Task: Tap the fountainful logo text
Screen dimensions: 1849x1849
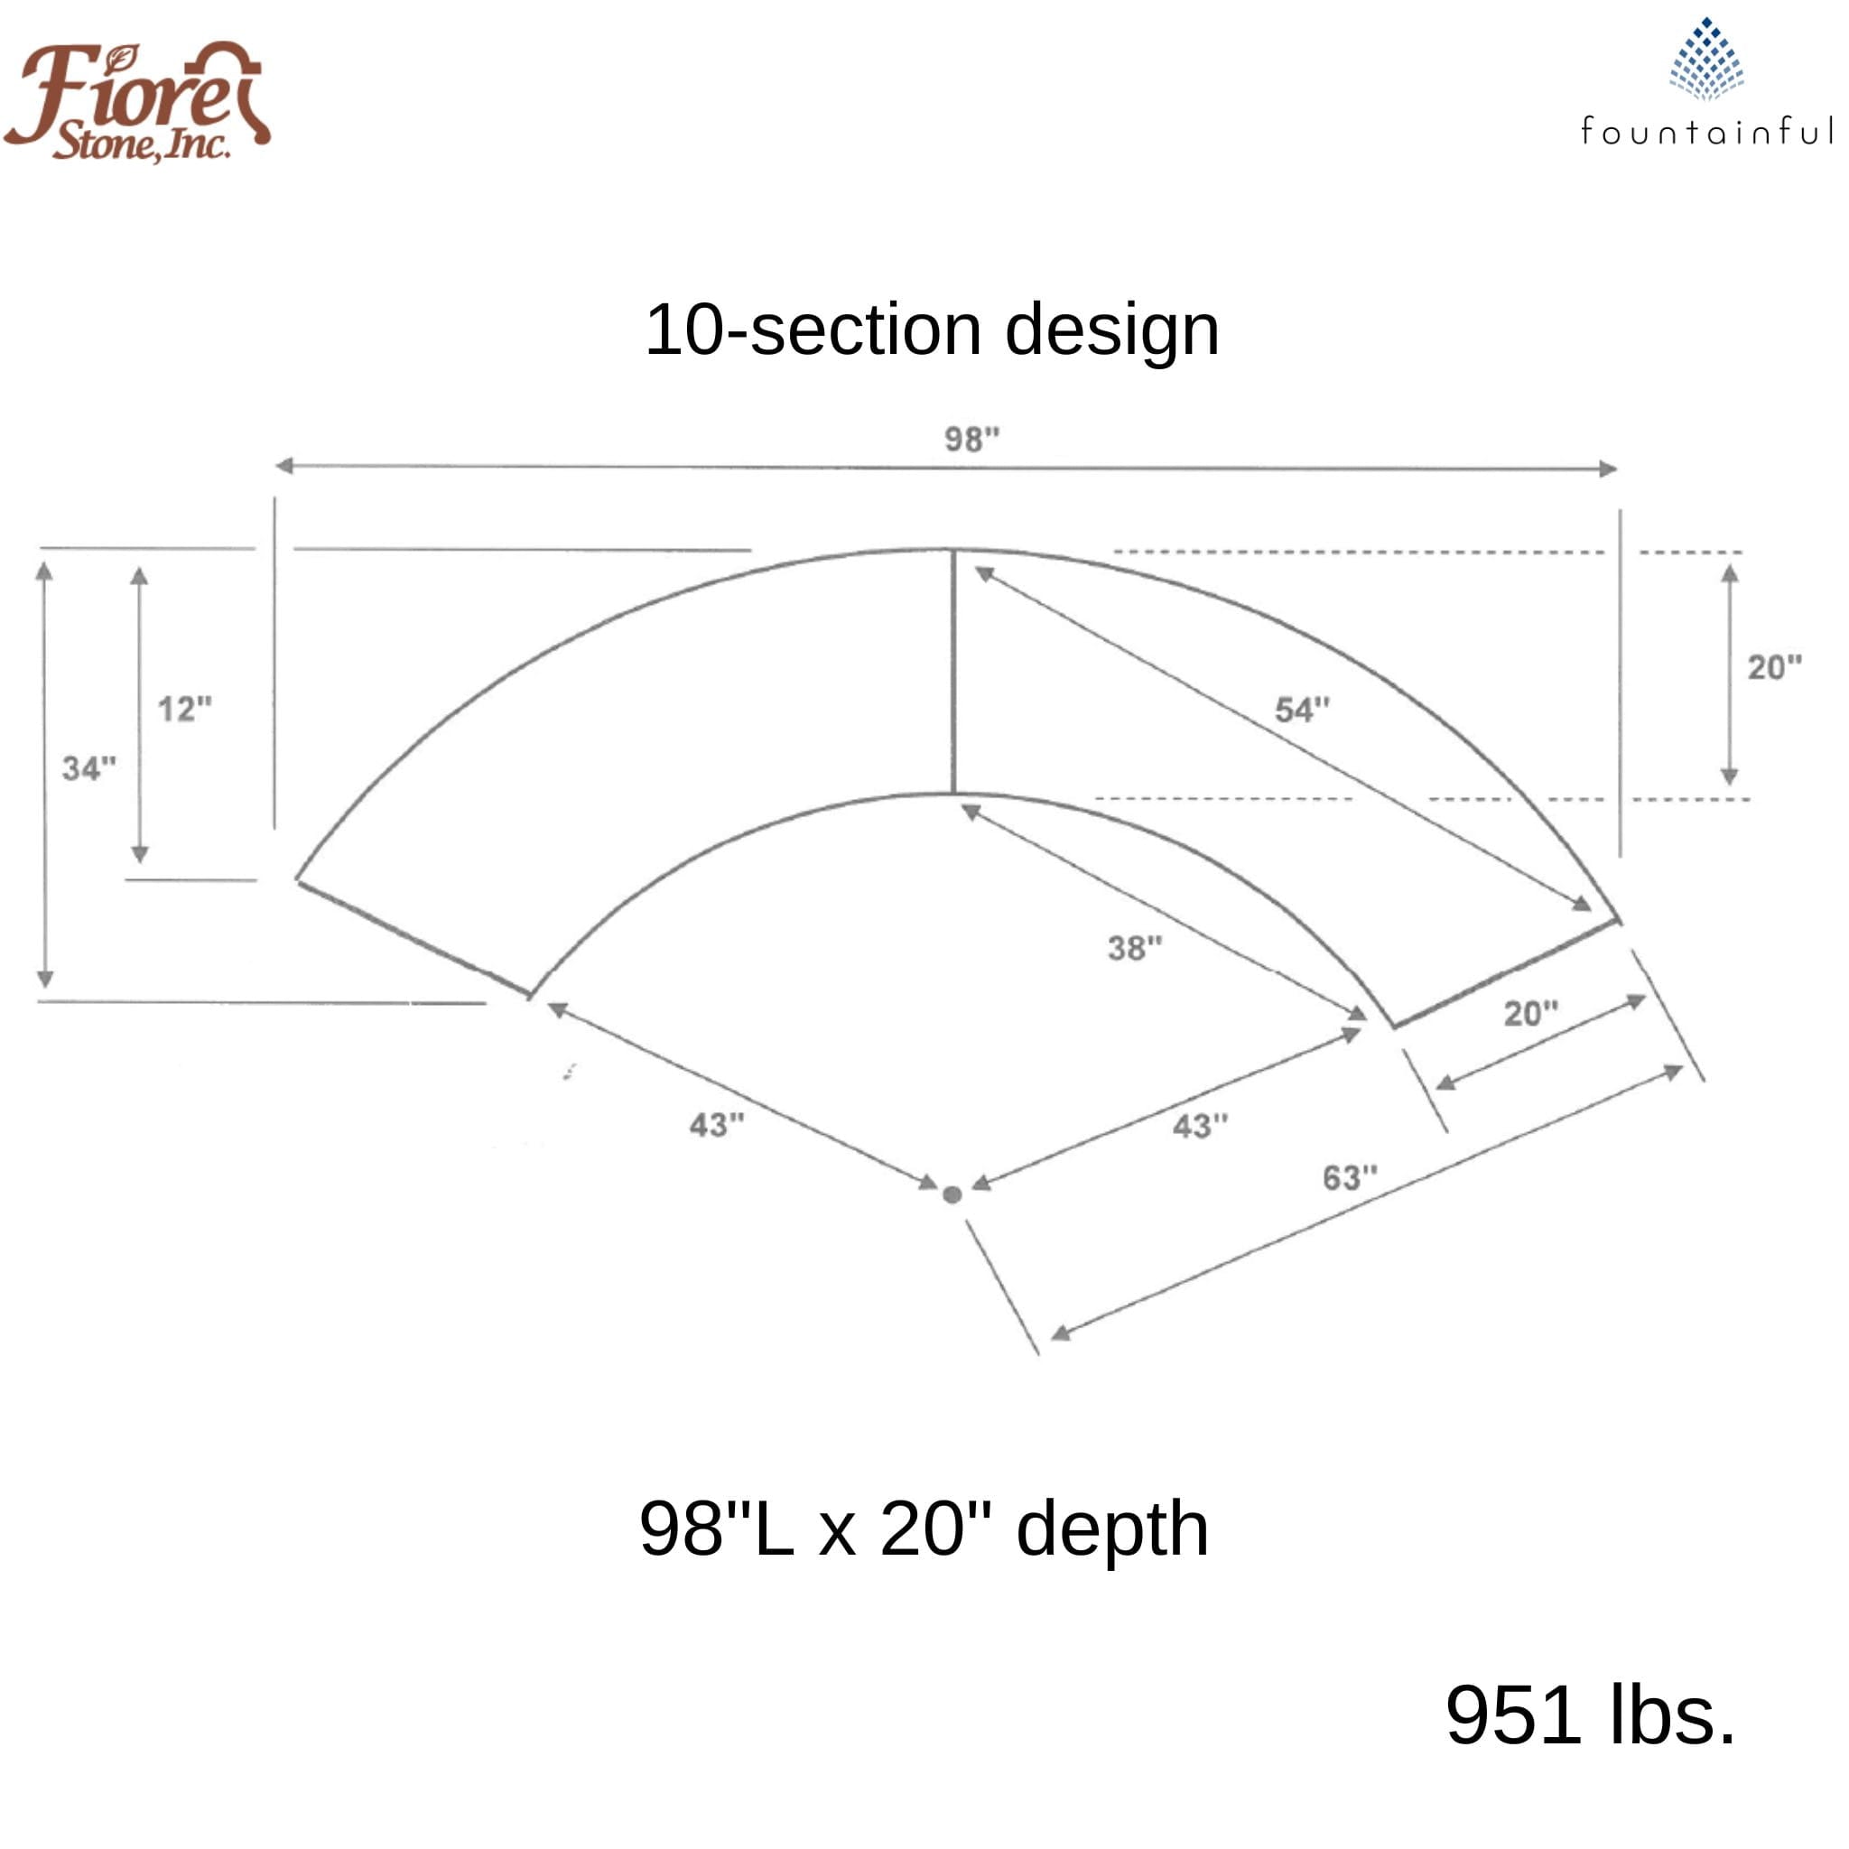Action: (x=1706, y=131)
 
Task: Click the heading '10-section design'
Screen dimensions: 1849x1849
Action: (x=931, y=330)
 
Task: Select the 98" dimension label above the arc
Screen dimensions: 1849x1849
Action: (x=971, y=440)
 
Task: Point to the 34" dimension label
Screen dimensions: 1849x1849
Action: (x=88, y=767)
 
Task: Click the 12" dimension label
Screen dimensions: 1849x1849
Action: (x=184, y=709)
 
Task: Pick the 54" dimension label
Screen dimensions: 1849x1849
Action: (x=1302, y=711)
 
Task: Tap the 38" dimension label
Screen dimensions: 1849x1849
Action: (x=1134, y=949)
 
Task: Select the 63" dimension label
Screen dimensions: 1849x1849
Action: (x=1350, y=1178)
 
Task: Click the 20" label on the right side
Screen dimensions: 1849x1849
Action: (x=1773, y=667)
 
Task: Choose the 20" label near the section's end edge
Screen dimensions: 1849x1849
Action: (x=1530, y=1014)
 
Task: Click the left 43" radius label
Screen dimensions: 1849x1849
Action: (x=716, y=1125)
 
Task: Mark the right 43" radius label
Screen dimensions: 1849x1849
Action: (x=1199, y=1126)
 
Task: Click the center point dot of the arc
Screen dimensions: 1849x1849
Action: (x=952, y=1194)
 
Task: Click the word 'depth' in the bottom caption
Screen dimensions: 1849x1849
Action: (x=1111, y=1528)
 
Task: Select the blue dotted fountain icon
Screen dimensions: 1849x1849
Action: (x=1706, y=60)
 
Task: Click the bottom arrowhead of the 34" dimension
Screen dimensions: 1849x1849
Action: (x=45, y=978)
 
